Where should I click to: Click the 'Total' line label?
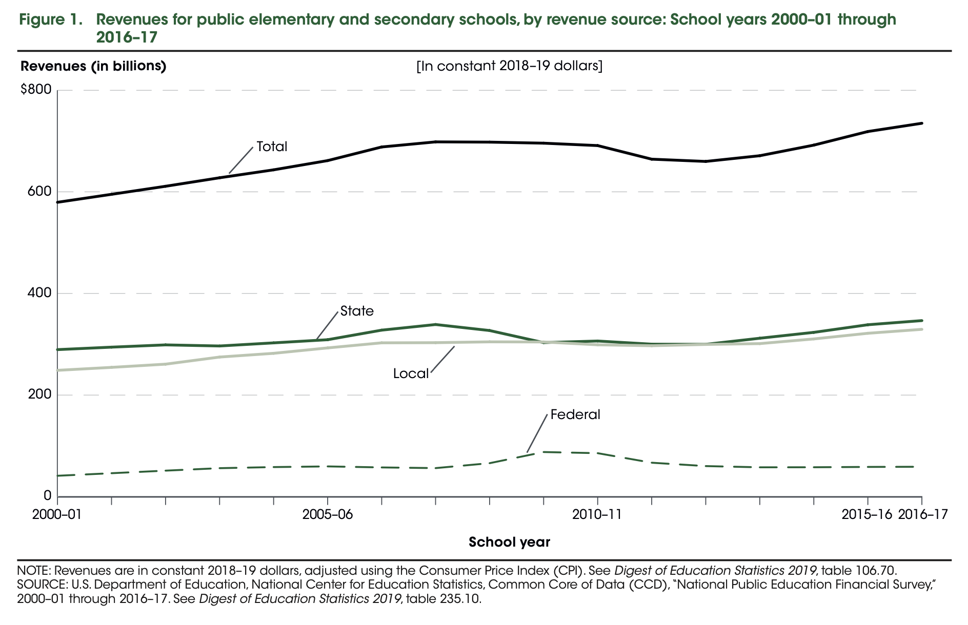(272, 147)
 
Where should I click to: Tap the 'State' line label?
(357, 311)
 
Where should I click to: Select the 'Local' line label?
(411, 374)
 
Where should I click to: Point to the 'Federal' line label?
(575, 414)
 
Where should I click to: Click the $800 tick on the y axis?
(36, 90)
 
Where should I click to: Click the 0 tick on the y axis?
(47, 496)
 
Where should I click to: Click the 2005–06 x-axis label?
(328, 514)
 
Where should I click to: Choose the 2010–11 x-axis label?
(597, 514)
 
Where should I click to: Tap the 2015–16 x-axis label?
(867, 514)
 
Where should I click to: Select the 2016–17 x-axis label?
(923, 514)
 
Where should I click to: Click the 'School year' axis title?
(509, 542)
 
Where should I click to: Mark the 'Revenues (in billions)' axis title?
(93, 67)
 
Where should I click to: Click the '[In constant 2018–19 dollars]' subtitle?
(509, 67)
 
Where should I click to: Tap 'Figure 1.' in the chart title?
(50, 20)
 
